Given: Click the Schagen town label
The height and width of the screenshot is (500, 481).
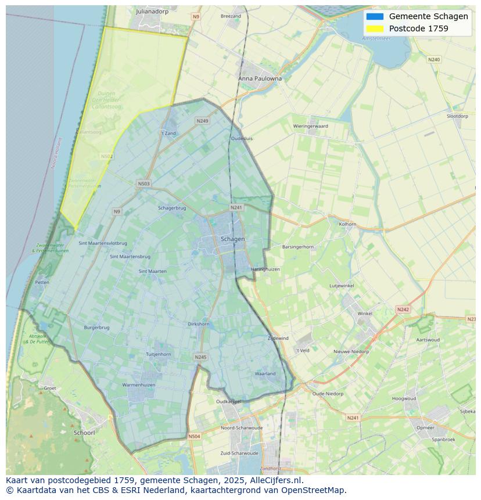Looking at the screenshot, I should (233, 239).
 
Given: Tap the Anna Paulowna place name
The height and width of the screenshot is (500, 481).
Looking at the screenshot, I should (260, 78).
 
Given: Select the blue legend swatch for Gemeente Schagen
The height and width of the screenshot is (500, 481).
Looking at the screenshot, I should (375, 16).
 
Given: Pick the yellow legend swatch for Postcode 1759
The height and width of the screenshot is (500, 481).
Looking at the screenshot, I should (375, 28).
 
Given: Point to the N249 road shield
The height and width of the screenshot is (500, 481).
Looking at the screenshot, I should (202, 121).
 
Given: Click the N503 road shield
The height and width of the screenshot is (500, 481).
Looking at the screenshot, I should (143, 184).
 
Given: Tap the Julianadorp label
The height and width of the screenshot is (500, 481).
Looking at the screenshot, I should (152, 11).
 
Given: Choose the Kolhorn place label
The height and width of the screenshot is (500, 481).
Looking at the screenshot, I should (347, 224).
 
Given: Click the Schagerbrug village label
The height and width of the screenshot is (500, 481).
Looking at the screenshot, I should (172, 208).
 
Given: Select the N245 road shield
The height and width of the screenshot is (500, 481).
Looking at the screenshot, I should (200, 357).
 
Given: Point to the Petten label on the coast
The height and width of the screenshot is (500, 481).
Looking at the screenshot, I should (42, 282).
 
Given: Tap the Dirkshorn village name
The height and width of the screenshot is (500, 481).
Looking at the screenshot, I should (199, 324).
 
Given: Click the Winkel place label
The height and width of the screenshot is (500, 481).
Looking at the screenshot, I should (365, 314).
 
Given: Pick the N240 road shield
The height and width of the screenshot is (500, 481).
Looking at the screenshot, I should (434, 59).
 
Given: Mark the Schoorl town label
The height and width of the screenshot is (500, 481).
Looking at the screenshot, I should (84, 433).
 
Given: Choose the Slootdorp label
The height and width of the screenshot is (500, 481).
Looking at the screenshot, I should (457, 116).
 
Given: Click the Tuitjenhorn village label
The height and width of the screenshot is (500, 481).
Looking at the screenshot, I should (158, 354).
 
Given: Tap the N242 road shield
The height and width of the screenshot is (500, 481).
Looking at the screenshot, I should (403, 310).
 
